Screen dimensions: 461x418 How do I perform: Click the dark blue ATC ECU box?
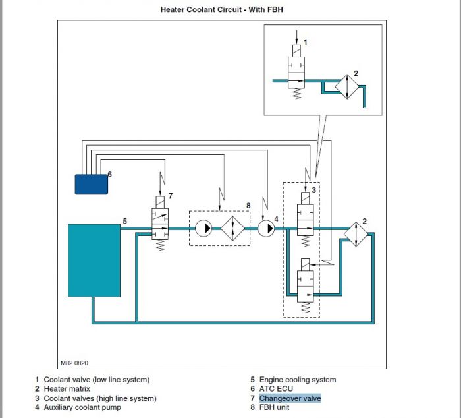(92, 184)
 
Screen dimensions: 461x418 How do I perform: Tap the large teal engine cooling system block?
(94, 260)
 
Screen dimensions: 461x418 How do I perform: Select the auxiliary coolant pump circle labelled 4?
(266, 228)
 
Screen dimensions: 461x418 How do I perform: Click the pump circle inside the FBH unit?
(203, 228)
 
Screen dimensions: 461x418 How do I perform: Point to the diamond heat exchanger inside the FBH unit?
(232, 228)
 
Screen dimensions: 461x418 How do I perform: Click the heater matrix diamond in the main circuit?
(356, 234)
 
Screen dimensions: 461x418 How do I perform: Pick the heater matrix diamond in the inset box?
(347, 86)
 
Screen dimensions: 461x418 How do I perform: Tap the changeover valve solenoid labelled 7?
(160, 202)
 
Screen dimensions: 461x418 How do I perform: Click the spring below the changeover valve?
(160, 245)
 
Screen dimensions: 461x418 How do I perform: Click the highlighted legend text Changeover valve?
(290, 398)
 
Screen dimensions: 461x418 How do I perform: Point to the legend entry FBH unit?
(274, 407)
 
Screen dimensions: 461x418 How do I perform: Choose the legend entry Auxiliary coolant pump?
(82, 407)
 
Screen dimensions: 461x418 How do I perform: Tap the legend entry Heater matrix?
(67, 389)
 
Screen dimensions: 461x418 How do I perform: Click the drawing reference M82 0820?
(74, 363)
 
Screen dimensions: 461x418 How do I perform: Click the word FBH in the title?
(275, 9)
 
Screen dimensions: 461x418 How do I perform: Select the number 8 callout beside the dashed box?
(248, 206)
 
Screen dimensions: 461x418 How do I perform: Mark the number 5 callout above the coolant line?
(125, 221)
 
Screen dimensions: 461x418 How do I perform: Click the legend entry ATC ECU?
(276, 389)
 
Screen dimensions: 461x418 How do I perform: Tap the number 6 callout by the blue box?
(110, 174)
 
